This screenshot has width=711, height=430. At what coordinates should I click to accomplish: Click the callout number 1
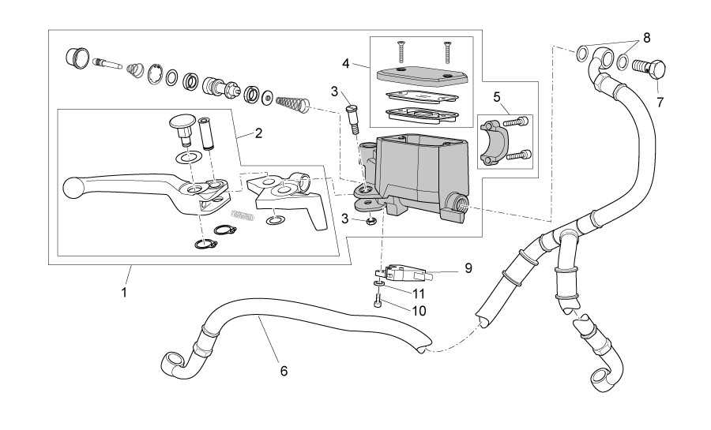124,292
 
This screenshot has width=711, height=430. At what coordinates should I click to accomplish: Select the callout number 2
258,133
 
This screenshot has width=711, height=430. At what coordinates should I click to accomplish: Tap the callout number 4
346,64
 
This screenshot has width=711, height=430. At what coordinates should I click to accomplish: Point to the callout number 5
497,96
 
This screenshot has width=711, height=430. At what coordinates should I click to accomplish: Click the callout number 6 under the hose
284,371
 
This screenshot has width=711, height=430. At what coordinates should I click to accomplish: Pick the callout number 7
660,103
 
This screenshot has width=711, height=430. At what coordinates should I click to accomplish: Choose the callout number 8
646,38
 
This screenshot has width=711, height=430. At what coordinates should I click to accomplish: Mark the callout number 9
468,268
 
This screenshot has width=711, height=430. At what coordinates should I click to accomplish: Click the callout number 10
419,311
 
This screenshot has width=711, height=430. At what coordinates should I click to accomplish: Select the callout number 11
419,294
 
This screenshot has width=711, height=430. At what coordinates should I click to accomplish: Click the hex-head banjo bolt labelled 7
649,69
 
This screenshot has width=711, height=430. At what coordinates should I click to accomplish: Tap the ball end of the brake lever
73,188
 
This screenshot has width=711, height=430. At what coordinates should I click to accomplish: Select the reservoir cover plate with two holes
422,75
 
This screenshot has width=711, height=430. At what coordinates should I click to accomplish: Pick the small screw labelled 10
378,301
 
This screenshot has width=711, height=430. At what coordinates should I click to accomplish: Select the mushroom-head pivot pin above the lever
182,129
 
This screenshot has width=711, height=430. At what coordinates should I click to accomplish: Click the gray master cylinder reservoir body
416,172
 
